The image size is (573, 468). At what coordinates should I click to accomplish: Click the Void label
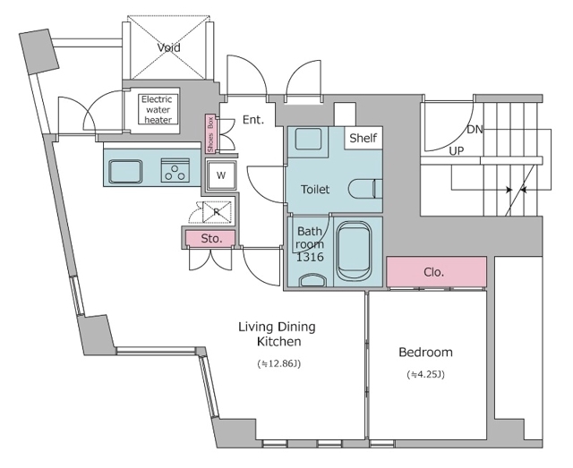(x=169, y=47)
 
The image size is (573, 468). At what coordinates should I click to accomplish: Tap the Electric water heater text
(x=158, y=109)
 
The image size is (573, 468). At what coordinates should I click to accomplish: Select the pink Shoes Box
(x=210, y=134)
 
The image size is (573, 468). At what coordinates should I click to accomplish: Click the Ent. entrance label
(x=253, y=120)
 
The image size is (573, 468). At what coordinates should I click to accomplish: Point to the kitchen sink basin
(x=125, y=171)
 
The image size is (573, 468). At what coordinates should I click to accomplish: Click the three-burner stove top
(x=175, y=170)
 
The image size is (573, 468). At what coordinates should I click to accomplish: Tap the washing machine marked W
(x=221, y=175)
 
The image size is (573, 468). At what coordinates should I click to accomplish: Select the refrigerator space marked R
(x=217, y=211)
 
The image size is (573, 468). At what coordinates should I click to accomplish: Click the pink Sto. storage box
(x=210, y=239)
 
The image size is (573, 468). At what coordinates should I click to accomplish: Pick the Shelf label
(x=363, y=138)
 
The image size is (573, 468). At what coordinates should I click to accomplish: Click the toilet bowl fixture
(x=366, y=189)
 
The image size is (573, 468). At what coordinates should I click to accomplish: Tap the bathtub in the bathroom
(x=354, y=251)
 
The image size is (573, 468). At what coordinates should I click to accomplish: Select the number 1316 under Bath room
(x=310, y=257)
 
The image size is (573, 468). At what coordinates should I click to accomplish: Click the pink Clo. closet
(x=436, y=272)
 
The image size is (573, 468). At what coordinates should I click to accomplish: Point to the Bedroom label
(x=426, y=352)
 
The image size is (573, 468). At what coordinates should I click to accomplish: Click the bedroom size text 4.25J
(x=426, y=374)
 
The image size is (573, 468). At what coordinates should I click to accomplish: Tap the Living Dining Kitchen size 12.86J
(x=279, y=363)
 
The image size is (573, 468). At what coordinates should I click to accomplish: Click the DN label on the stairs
(x=475, y=130)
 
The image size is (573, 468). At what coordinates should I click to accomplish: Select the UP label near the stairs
(x=457, y=150)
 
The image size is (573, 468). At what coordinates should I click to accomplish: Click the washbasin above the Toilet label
(x=308, y=139)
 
